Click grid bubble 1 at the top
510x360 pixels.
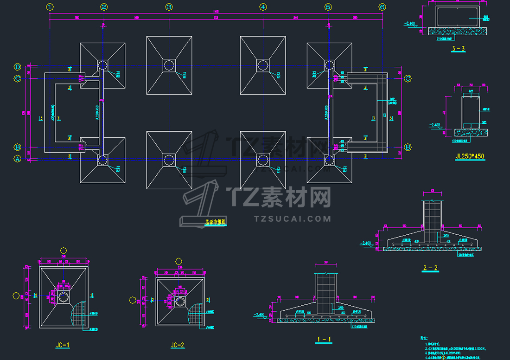point(50,7)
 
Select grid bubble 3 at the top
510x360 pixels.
point(169,7)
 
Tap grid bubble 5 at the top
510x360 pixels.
point(329,7)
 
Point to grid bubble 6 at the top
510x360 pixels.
point(382,7)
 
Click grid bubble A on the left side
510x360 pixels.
point(18,159)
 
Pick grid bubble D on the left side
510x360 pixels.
point(18,66)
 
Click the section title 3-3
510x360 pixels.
point(458,48)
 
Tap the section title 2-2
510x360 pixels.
point(430,268)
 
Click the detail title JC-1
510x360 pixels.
point(62,345)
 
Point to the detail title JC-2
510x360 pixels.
point(178,345)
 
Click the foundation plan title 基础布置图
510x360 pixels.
point(215,222)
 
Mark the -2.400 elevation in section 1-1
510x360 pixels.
point(259,315)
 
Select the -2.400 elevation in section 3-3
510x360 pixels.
point(410,23)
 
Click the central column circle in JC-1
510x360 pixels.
point(64,296)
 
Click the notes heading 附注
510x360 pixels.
point(423,339)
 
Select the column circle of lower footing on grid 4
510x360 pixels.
point(263,160)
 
